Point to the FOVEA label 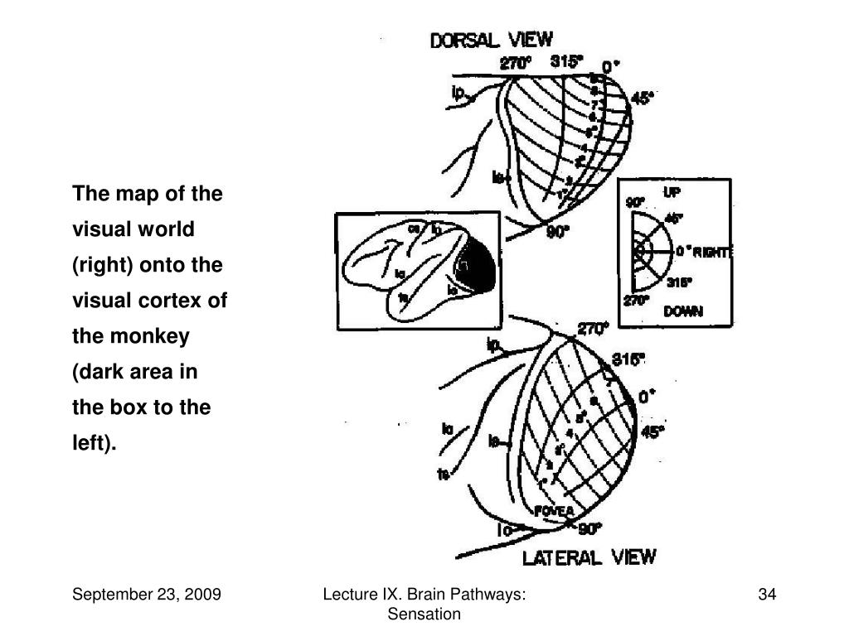(x=554, y=511)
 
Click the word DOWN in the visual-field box (x=683, y=311)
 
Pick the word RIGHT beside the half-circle (x=713, y=252)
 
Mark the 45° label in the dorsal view (x=642, y=99)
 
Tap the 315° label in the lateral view (x=628, y=359)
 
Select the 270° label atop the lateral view (x=593, y=329)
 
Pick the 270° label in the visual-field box (x=636, y=301)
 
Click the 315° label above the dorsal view (x=567, y=60)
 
